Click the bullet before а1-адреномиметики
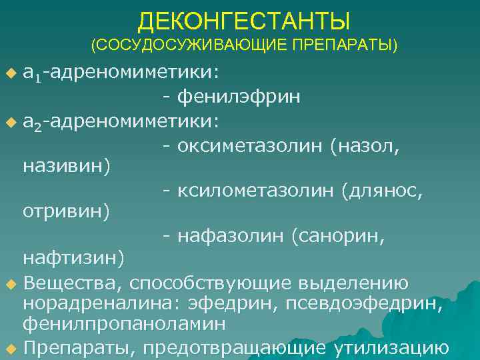(x=10, y=71)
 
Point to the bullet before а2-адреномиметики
(x=10, y=122)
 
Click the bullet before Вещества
(x=10, y=285)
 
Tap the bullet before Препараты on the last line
(x=10, y=349)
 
